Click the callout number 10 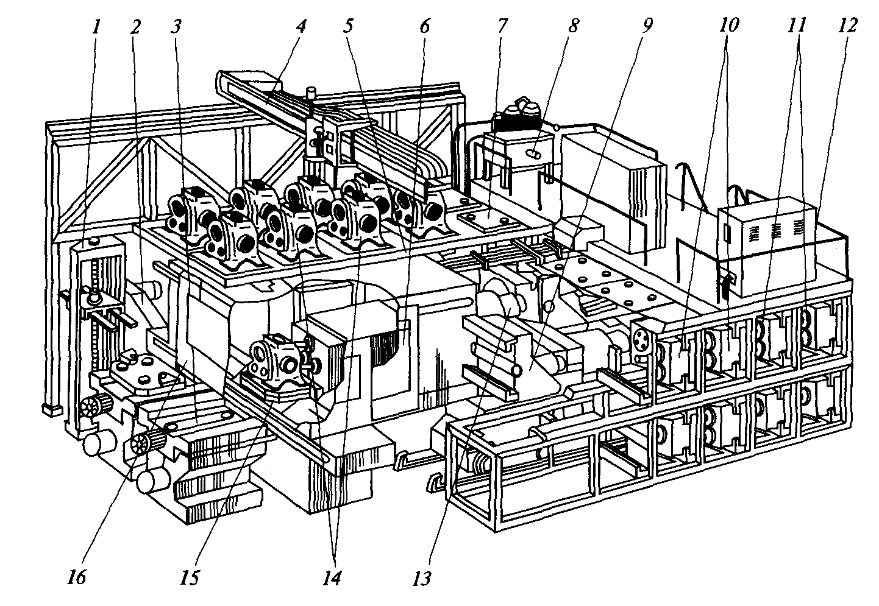pyautogui.click(x=728, y=26)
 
